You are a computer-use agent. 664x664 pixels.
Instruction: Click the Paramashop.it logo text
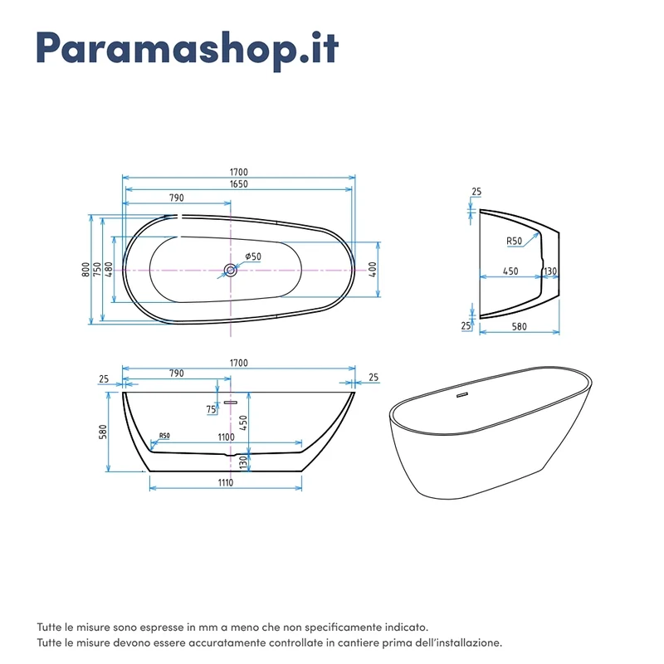188,49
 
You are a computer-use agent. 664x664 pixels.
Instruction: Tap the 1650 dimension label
239,184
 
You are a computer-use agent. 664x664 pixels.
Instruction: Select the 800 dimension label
86,270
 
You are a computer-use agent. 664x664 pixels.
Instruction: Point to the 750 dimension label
98,270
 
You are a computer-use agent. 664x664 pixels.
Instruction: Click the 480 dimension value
110,270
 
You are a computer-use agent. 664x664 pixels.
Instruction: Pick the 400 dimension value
373,269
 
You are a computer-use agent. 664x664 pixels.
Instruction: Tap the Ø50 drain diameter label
253,256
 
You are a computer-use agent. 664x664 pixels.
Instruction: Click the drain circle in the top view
231,270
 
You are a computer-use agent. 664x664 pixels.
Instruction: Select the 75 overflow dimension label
212,409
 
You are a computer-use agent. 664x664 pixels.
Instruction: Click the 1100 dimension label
226,437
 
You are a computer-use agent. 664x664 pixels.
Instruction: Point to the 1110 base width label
226,483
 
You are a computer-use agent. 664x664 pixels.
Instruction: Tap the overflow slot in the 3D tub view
461,396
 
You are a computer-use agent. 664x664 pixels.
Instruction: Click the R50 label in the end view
515,241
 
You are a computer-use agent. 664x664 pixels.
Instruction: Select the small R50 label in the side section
164,436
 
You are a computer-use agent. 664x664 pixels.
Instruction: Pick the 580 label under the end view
520,326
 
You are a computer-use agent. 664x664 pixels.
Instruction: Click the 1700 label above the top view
239,172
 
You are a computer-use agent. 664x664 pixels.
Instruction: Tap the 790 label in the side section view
177,373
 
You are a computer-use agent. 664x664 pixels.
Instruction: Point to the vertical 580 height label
103,432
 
